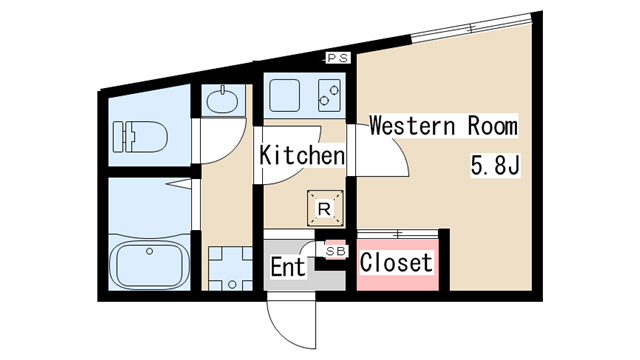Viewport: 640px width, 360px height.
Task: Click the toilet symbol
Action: [x=140, y=137]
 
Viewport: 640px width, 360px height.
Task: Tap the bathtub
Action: [x=150, y=265]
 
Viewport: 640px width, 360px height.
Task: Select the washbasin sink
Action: [x=222, y=100]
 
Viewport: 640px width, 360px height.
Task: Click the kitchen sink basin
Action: [x=284, y=96]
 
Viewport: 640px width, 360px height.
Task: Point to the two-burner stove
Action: [x=329, y=96]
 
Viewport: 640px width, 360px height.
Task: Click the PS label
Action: [x=338, y=58]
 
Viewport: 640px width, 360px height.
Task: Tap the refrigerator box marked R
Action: [x=325, y=208]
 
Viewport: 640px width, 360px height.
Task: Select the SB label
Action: [x=336, y=251]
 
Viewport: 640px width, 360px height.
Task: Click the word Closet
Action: [x=396, y=262]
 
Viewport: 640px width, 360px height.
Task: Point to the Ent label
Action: [x=288, y=267]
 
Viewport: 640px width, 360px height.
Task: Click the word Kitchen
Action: [x=302, y=155]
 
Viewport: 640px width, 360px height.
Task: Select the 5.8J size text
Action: [x=495, y=165]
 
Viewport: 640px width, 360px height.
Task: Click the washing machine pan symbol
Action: [x=231, y=269]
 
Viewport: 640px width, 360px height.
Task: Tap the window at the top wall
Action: [x=471, y=28]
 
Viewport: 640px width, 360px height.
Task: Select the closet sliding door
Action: [x=398, y=234]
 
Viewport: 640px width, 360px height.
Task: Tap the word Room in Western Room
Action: [x=493, y=125]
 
